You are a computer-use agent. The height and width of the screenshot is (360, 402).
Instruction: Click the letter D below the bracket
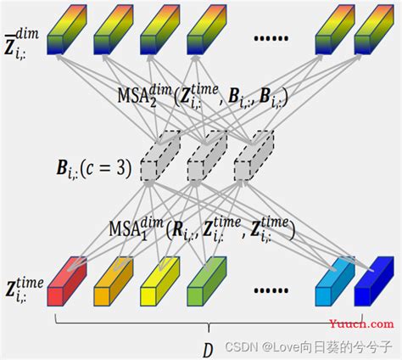tap(206, 349)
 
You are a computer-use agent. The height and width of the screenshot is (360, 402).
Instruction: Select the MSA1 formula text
tap(202, 228)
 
